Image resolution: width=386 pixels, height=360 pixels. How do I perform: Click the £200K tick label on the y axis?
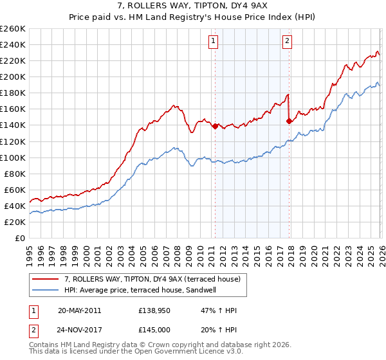(x=13, y=76)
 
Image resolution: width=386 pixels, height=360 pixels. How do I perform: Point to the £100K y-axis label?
(x=13, y=157)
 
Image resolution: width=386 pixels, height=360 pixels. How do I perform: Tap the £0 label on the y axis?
(x=19, y=238)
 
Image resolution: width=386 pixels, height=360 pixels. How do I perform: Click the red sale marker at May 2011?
(x=215, y=126)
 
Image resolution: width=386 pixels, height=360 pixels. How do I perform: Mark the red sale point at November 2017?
(x=289, y=121)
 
